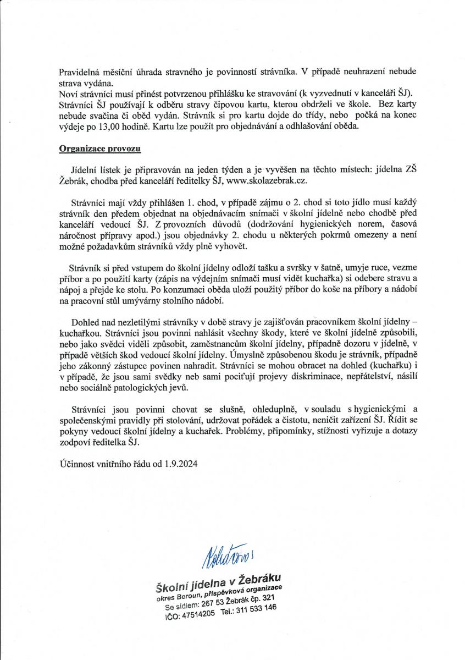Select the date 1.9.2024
point(180,464)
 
